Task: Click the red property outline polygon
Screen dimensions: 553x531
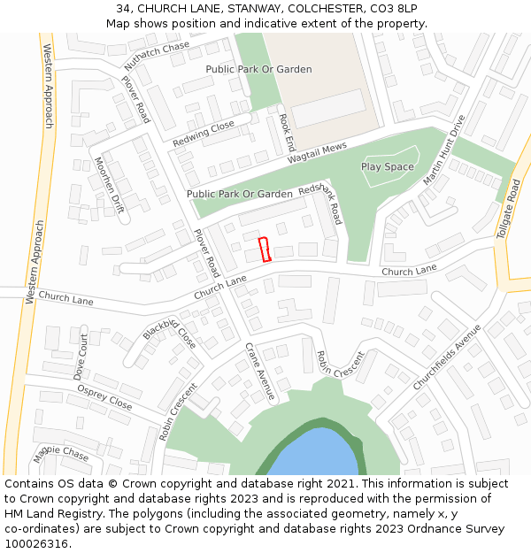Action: tap(263, 250)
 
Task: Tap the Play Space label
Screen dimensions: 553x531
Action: tap(388, 166)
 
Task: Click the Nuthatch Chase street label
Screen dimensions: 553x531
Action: tap(157, 56)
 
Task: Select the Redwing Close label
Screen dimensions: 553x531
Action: tap(204, 134)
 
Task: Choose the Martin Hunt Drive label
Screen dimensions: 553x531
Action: tap(443, 150)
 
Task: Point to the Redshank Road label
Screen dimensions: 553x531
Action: tap(320, 204)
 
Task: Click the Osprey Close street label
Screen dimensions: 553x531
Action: tap(104, 397)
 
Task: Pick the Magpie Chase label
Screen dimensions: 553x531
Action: tap(61, 454)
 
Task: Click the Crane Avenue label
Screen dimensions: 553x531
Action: tap(259, 371)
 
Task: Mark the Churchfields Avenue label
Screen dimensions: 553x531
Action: tap(447, 357)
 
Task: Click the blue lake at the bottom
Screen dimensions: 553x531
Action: tap(314, 458)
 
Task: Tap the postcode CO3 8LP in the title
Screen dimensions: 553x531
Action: tap(392, 8)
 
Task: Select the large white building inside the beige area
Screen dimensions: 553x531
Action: tap(327, 108)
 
